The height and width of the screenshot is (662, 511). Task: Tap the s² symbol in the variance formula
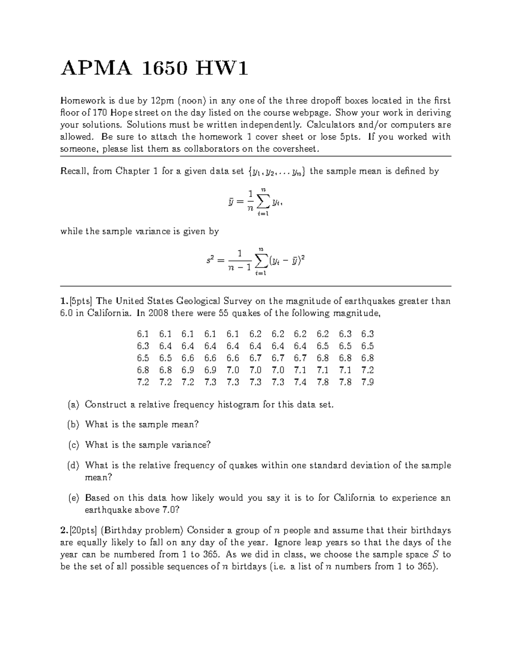(209, 260)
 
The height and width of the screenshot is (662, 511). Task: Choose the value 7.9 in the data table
(367, 382)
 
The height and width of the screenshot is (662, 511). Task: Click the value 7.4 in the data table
(300, 382)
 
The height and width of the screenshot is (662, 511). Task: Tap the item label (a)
(73, 405)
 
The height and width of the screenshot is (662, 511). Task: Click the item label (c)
(73, 445)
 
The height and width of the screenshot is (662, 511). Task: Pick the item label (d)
(73, 465)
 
